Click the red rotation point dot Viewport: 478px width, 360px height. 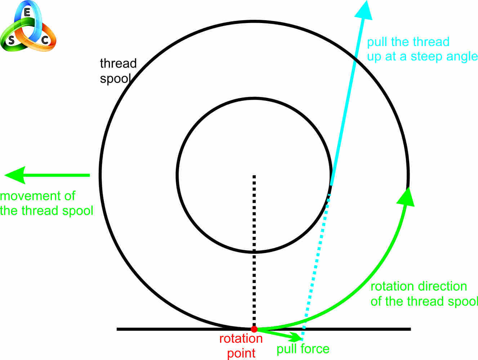(254, 329)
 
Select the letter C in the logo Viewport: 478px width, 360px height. (45, 40)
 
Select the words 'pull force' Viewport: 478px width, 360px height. (303, 349)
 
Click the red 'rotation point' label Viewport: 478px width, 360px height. (241, 346)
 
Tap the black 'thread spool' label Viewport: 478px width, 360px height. (117, 71)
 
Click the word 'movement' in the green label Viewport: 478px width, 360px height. (37, 196)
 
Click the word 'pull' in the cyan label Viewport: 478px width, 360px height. (377, 42)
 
